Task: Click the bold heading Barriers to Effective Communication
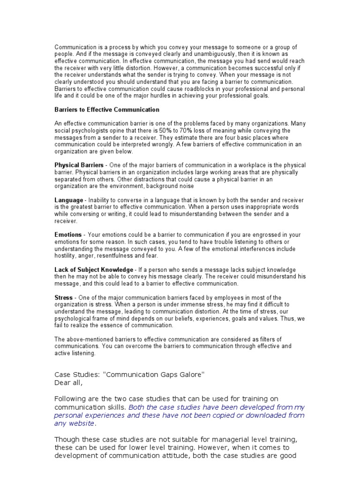click(107, 110)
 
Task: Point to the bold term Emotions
click(68, 235)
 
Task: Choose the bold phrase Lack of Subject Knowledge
click(94, 270)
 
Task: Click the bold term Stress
click(64, 298)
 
